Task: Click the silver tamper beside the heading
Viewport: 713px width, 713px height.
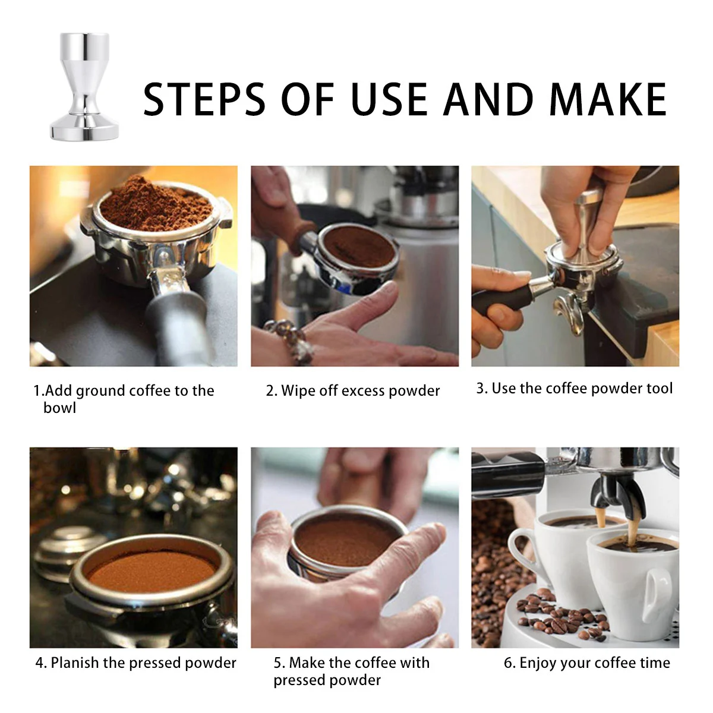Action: (85, 87)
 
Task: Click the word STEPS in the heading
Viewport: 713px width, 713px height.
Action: (204, 99)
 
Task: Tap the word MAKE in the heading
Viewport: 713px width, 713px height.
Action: (608, 99)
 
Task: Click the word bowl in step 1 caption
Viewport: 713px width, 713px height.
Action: (59, 408)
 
